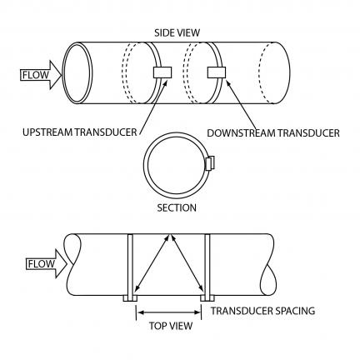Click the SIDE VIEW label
[x=177, y=32]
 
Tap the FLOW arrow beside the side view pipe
[x=41, y=75]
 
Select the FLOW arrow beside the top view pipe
[x=47, y=263]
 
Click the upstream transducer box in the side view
[x=162, y=72]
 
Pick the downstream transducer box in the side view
[x=217, y=72]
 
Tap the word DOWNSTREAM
[x=242, y=133]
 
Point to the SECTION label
[x=177, y=207]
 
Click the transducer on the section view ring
[x=210, y=163]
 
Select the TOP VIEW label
[x=171, y=326]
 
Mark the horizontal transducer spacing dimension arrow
[x=169, y=312]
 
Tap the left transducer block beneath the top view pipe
[x=130, y=298]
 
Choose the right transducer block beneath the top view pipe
[x=207, y=298]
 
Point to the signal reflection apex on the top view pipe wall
[x=169, y=235]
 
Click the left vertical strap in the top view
[x=130, y=265]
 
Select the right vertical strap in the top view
[x=207, y=265]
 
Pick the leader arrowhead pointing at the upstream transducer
[x=165, y=81]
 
